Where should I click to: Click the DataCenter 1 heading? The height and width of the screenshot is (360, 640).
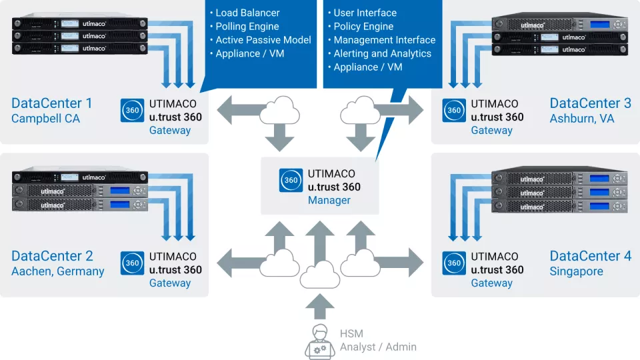coord(52,103)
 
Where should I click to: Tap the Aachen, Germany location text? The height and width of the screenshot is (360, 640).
coord(58,271)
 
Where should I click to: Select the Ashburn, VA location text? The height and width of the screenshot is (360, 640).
coord(582,119)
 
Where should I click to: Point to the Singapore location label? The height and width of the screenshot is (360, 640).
coord(576,271)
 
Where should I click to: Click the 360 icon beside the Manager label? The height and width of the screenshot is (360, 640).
coord(291,180)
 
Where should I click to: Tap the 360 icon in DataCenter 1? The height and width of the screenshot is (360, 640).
coord(132,110)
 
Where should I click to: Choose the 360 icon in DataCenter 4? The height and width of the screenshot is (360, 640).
coord(454,263)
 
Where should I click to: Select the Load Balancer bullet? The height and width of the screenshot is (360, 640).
coord(247,13)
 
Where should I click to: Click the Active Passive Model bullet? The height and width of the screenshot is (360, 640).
coord(263,40)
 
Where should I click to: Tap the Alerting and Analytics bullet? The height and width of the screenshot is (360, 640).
coord(382,53)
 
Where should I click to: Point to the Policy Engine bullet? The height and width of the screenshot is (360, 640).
coord(363,27)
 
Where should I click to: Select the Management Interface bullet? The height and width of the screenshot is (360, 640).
coord(384,40)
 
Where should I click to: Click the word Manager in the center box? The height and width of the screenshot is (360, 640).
coord(329,200)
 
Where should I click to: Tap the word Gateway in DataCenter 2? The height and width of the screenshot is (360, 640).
coord(169,283)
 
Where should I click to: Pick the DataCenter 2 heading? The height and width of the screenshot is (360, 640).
coord(52,256)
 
